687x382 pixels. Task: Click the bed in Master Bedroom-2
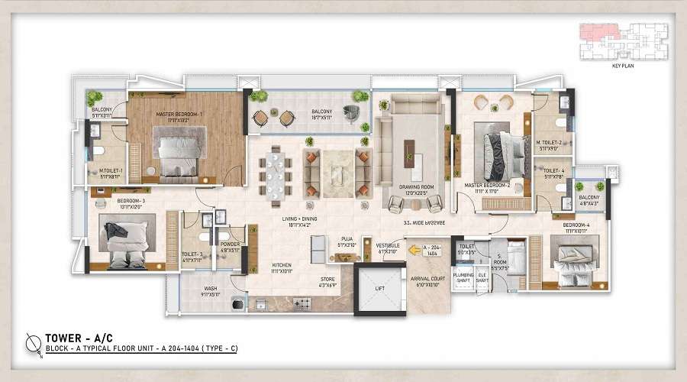[501, 150]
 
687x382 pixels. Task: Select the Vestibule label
[387, 248]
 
